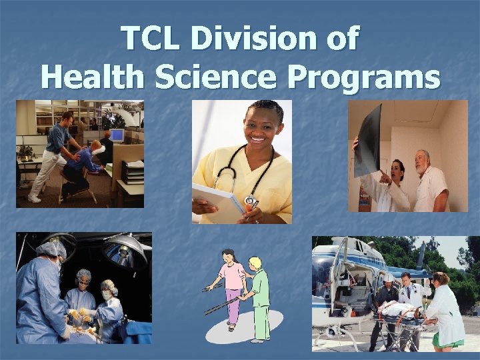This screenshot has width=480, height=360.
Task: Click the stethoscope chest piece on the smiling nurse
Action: [x=251, y=201]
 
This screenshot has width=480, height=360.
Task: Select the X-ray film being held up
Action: [x=368, y=140]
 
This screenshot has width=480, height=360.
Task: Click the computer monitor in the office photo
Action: [x=117, y=136]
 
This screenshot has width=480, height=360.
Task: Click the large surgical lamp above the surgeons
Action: [x=124, y=250]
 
